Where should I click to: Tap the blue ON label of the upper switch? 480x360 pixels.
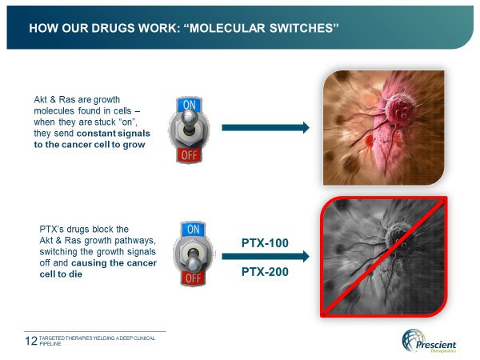(189, 105)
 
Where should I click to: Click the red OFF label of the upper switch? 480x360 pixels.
(189, 155)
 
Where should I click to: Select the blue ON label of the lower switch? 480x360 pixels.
(193, 230)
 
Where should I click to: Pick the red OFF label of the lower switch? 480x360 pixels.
(193, 278)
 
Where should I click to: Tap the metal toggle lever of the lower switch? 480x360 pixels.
(193, 259)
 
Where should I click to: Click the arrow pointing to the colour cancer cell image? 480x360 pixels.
(266, 128)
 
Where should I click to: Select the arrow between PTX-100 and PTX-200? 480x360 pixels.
(266, 256)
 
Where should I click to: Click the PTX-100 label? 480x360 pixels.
(265, 243)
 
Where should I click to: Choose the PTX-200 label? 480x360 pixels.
(265, 272)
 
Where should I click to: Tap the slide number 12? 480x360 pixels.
(31, 341)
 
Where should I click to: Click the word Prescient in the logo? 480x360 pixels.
(436, 345)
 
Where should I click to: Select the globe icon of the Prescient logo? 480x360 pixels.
(412, 340)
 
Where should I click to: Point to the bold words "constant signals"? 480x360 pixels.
(114, 134)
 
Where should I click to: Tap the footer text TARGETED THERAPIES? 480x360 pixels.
(66, 338)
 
